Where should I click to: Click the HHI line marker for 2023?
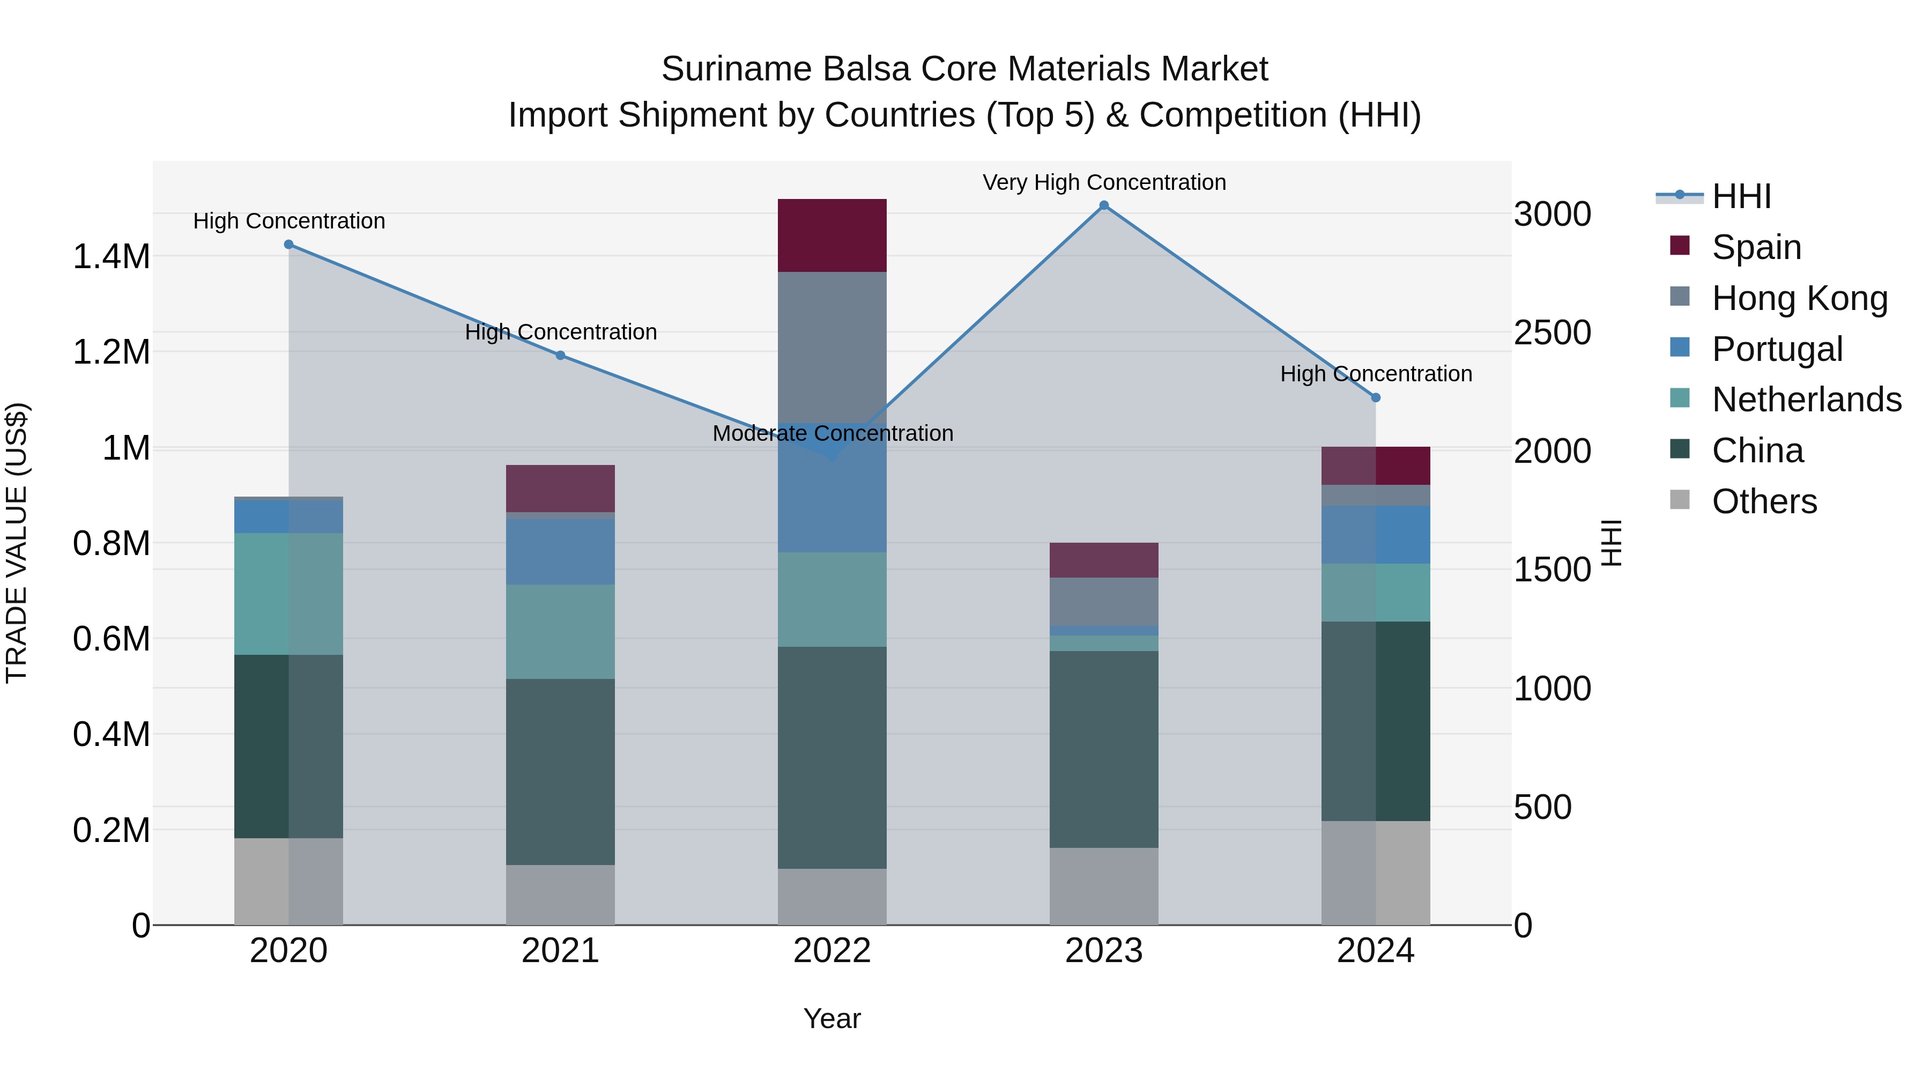(1104, 205)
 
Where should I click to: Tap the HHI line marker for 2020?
(289, 245)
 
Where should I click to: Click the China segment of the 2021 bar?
(560, 772)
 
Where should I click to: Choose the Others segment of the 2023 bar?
(1104, 886)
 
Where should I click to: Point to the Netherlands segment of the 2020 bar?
(289, 594)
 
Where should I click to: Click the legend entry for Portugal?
(1777, 349)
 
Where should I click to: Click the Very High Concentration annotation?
(1104, 183)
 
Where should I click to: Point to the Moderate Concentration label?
(833, 433)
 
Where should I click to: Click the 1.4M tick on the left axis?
(111, 257)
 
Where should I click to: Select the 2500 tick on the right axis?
(1552, 333)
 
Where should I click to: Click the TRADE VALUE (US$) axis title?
(17, 543)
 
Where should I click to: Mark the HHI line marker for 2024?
(1376, 398)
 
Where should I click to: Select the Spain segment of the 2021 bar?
(560, 488)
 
